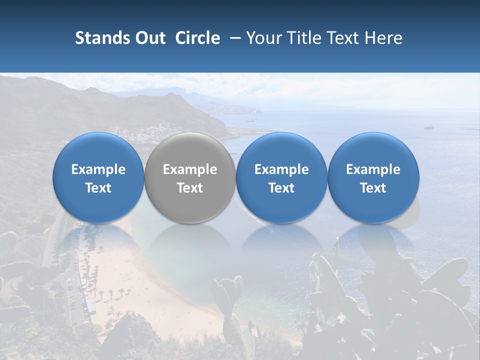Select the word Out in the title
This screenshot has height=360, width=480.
click(x=149, y=38)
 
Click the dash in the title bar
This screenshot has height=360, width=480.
click(x=234, y=38)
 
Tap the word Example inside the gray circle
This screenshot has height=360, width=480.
click(x=190, y=169)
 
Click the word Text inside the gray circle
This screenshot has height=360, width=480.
click(x=190, y=188)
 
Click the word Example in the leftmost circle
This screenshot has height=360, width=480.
click(x=98, y=169)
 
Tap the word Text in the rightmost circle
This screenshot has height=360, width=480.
click(x=373, y=188)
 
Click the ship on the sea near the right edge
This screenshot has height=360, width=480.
click(x=428, y=127)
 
